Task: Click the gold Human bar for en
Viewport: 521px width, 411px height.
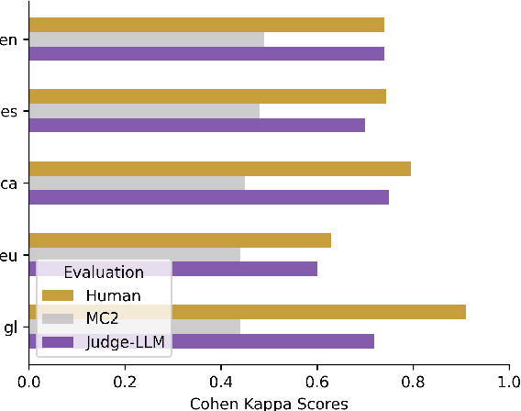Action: point(206,25)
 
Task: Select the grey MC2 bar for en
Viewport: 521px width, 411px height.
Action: point(147,39)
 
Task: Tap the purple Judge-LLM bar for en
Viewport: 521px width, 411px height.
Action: point(206,53)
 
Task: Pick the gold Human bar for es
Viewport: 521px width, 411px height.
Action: point(207,96)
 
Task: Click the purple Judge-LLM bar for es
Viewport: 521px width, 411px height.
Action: point(197,125)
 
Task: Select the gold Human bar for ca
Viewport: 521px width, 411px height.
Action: point(220,168)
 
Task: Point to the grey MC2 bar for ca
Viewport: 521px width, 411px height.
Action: point(138,183)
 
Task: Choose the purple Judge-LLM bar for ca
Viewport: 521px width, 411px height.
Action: point(209,196)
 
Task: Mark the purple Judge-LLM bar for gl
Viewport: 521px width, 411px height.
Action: point(275,341)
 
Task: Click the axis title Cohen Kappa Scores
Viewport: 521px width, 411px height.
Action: point(269,402)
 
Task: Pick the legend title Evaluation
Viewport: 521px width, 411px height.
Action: point(103,272)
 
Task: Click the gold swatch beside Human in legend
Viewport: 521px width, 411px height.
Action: point(59,294)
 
